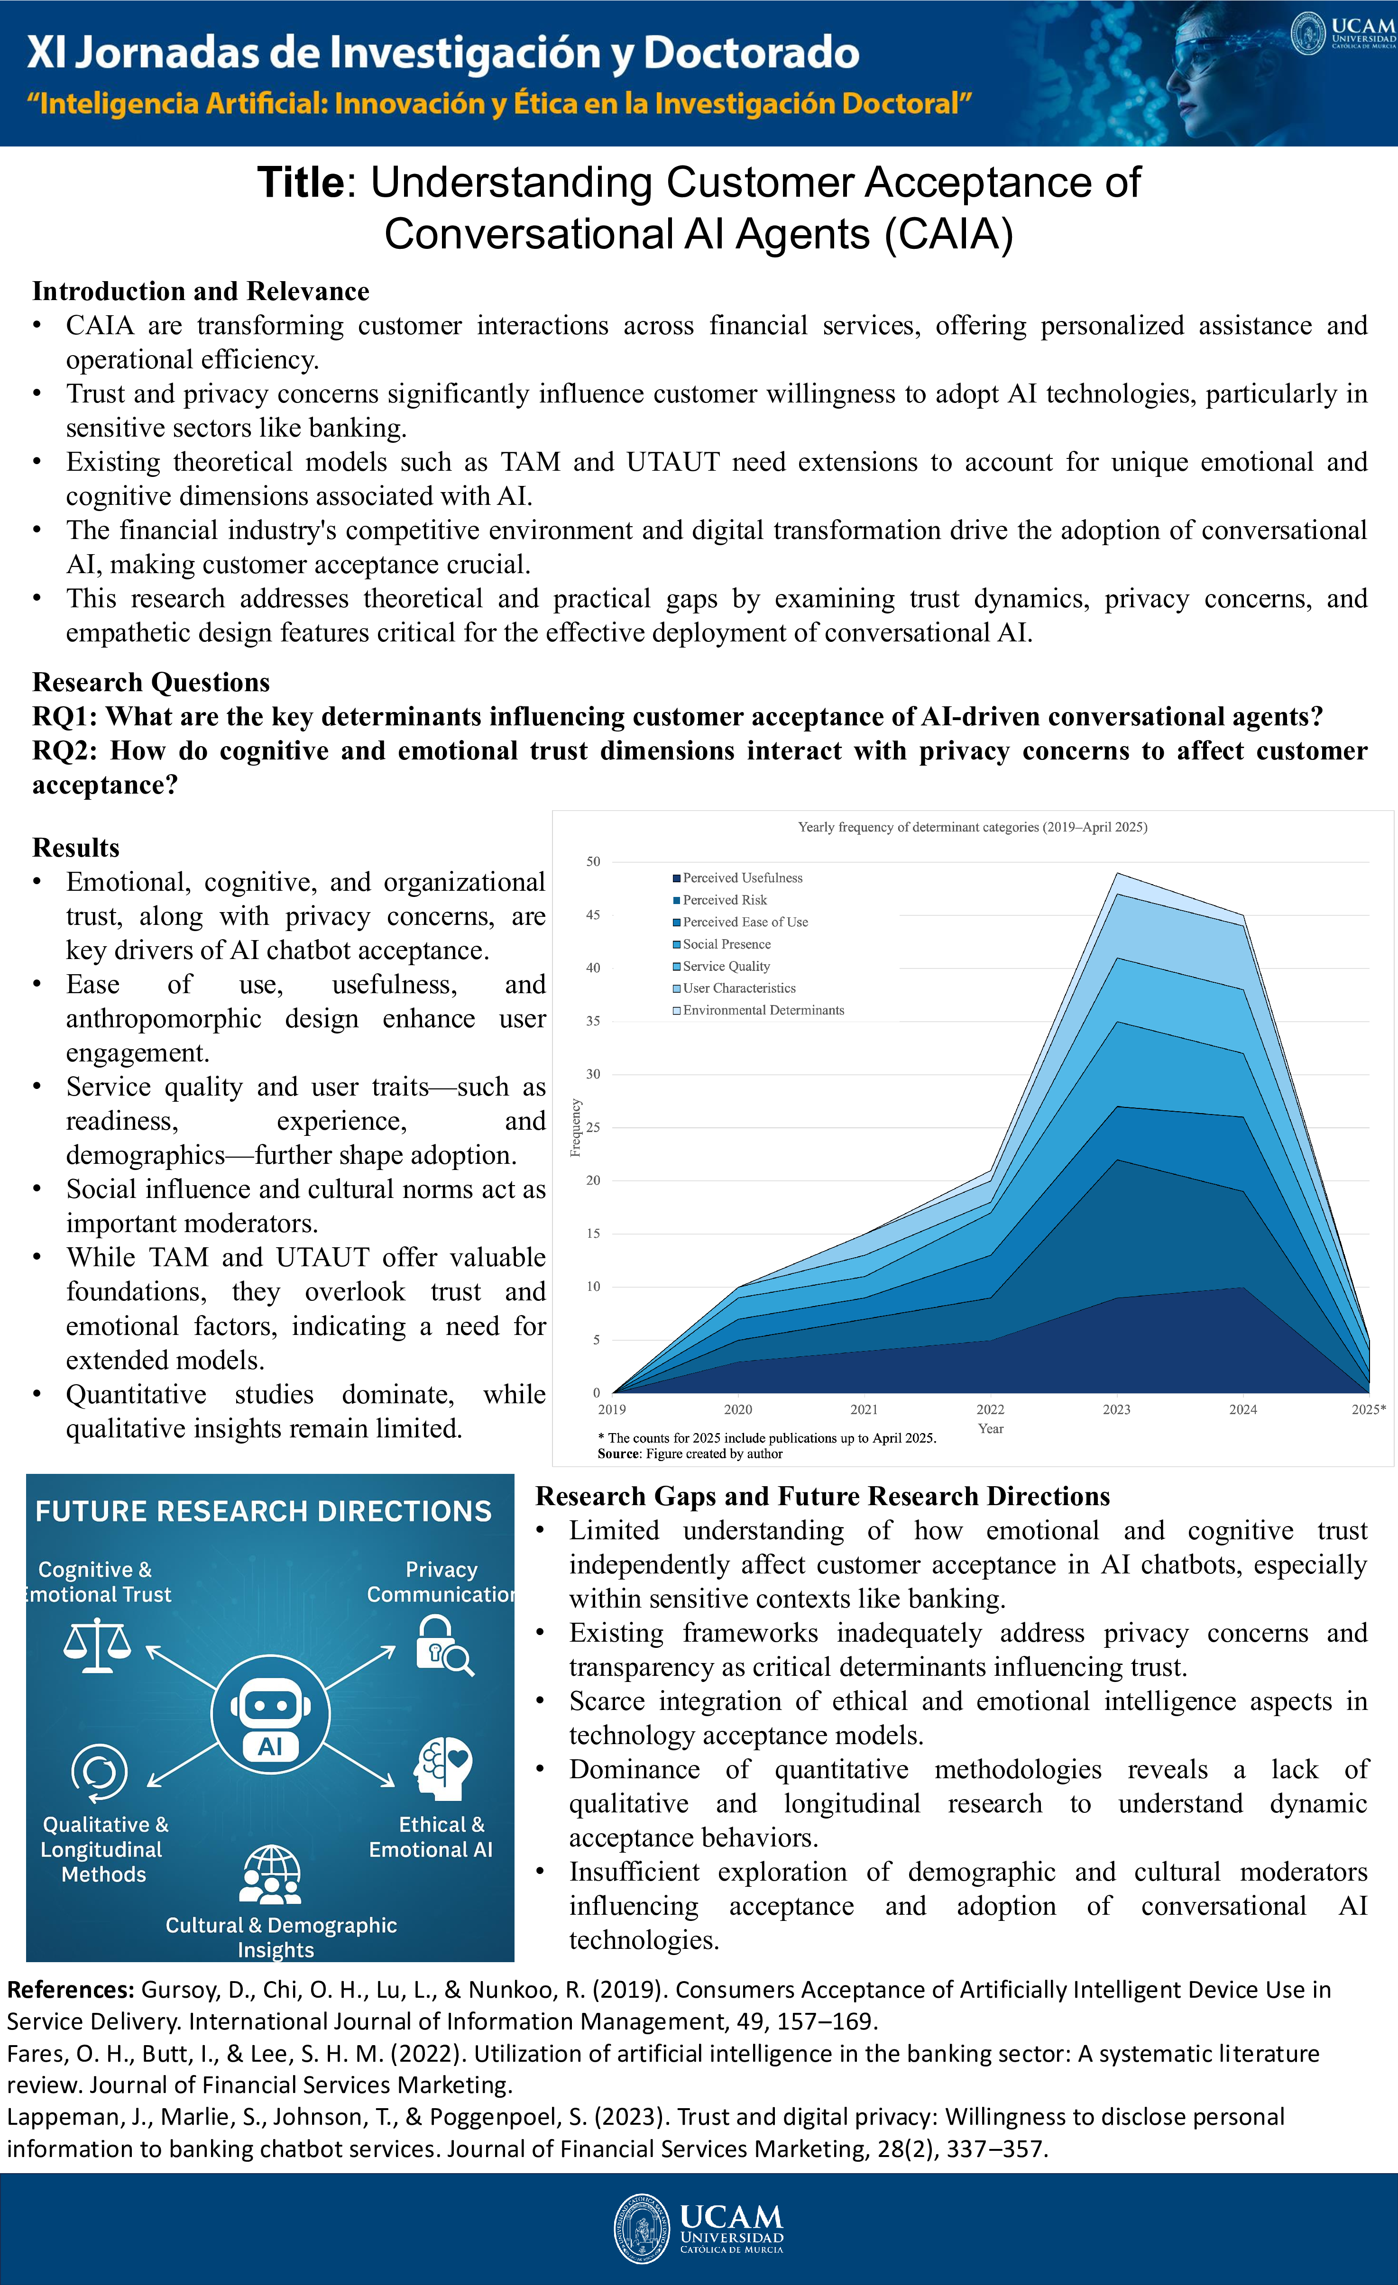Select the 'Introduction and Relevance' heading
click(201, 291)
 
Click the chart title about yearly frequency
click(972, 827)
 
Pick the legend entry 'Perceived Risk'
click(725, 899)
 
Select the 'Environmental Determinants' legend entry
click(763, 1010)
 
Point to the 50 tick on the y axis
click(593, 861)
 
